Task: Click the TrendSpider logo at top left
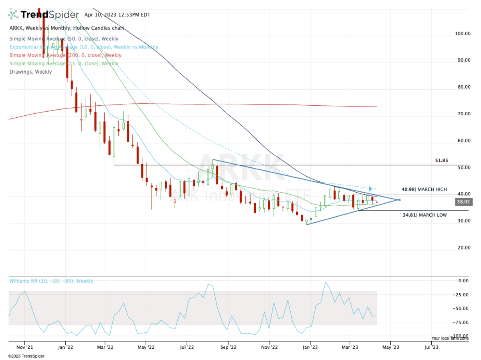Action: tap(43, 15)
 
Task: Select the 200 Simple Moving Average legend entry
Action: tap(65, 55)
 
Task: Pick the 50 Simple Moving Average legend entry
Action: tap(64, 39)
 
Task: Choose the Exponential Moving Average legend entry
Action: tap(84, 47)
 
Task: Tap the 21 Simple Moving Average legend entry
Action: tap(64, 63)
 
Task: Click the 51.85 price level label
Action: tap(441, 161)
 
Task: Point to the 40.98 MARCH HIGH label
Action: tap(424, 189)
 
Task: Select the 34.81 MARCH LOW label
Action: tap(425, 215)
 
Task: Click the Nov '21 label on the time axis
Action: tap(24, 348)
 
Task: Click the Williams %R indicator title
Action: tap(51, 281)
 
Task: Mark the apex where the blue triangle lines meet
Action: tap(400, 199)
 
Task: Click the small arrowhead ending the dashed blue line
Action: tap(371, 189)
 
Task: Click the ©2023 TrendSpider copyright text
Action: tap(26, 356)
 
